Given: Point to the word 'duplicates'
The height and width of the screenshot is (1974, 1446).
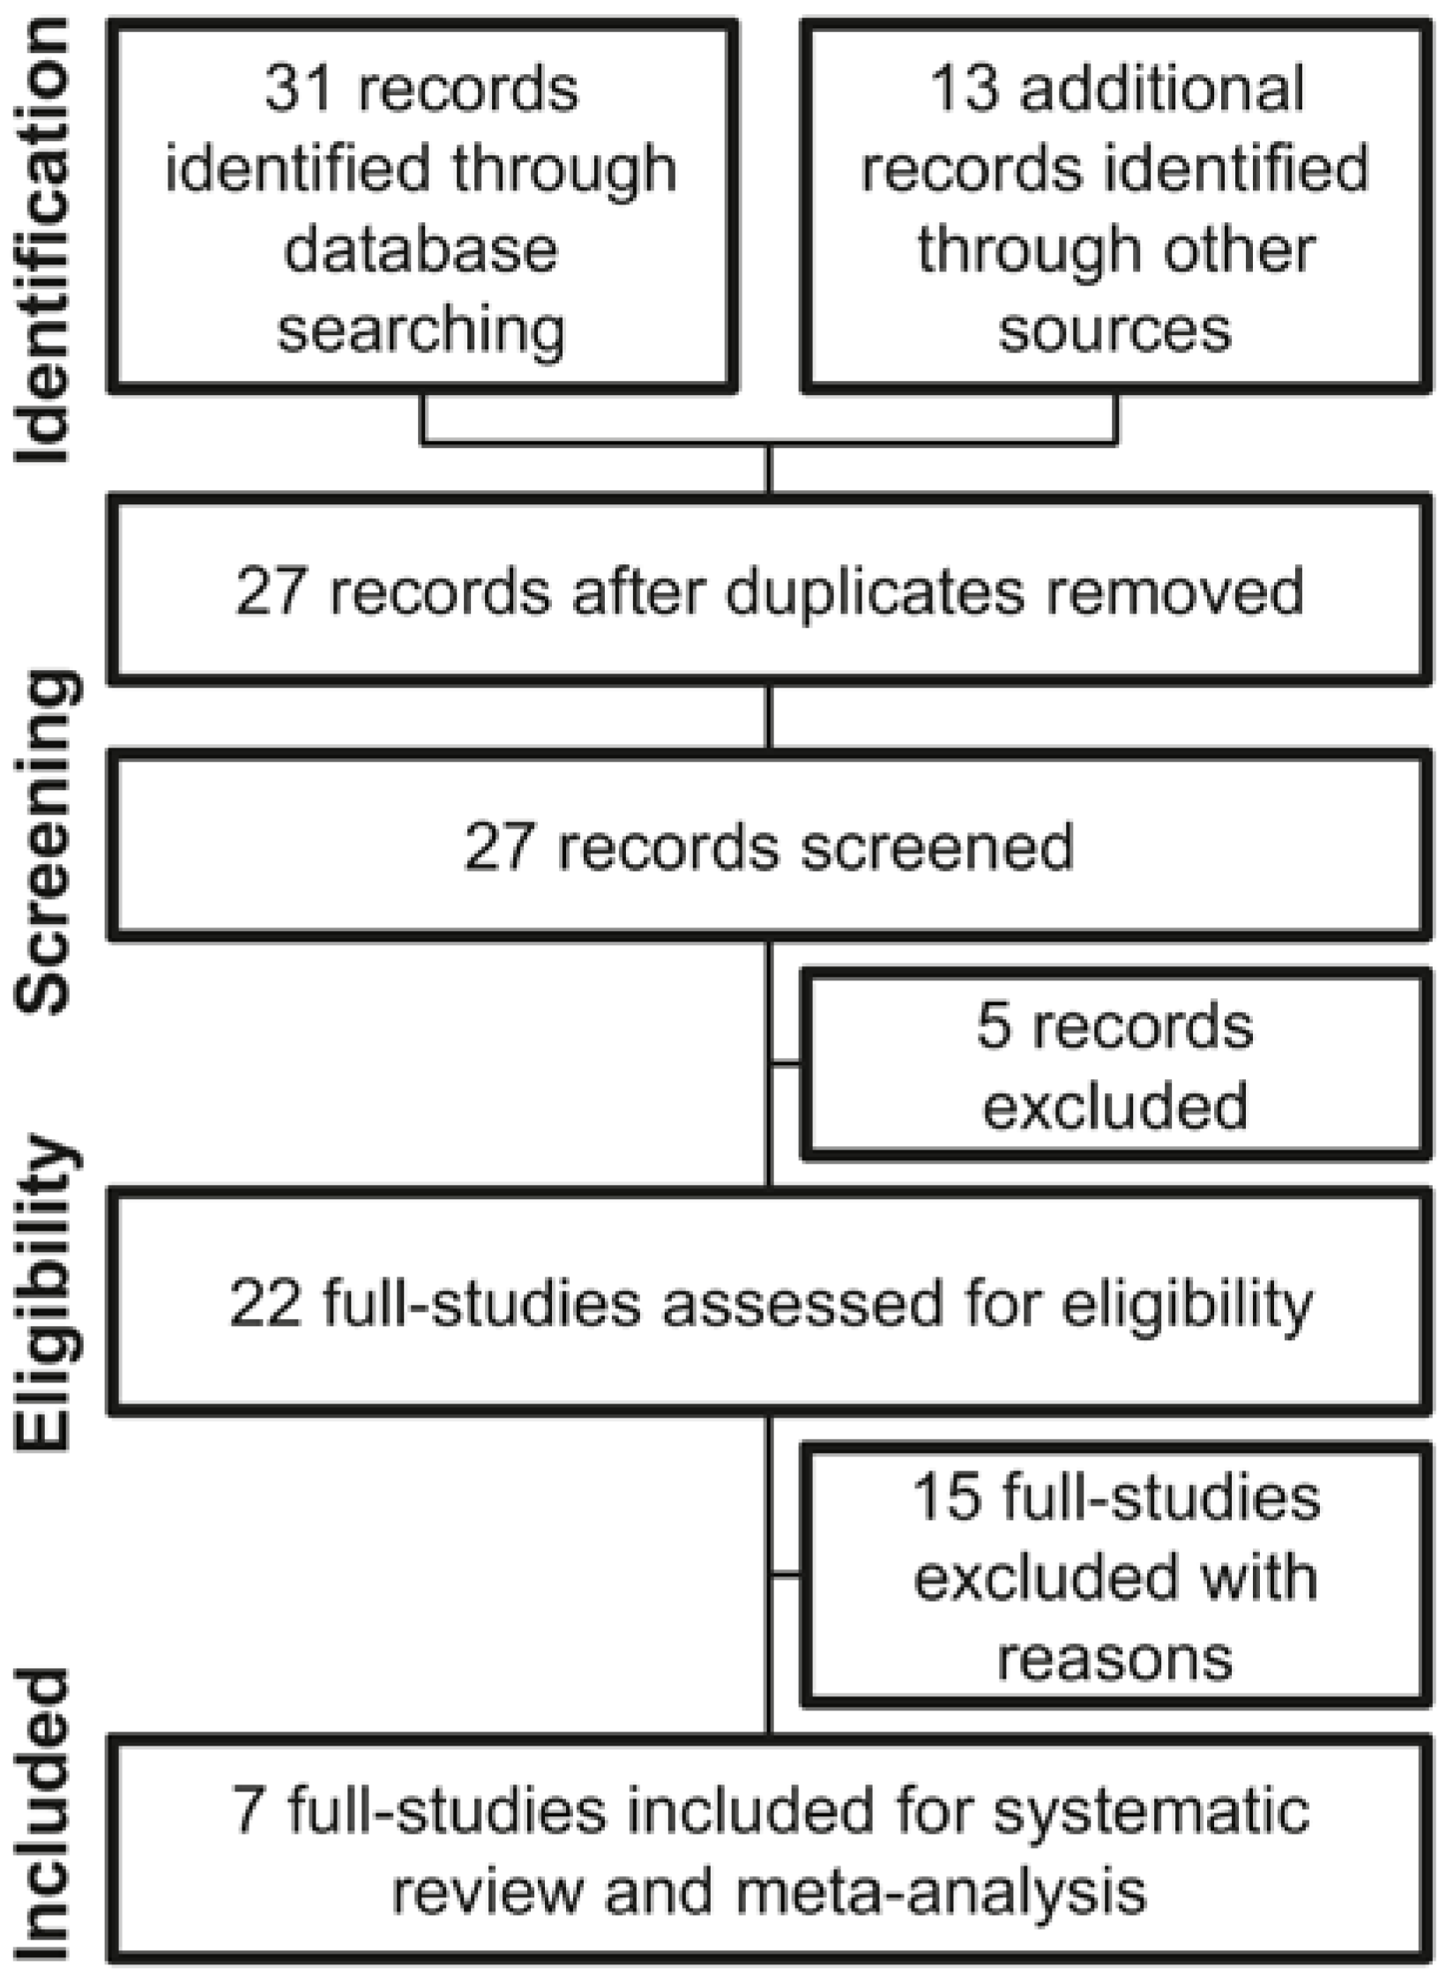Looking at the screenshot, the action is pyautogui.click(x=875, y=591).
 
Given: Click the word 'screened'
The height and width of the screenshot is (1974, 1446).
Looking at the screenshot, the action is pyautogui.click(x=936, y=846).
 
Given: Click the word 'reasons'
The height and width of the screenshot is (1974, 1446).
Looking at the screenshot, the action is pyautogui.click(x=1114, y=1658).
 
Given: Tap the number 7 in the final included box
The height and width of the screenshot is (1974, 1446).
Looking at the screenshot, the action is pyautogui.click(x=250, y=1810).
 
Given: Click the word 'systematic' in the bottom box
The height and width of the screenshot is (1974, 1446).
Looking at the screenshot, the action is pyautogui.click(x=1152, y=1810).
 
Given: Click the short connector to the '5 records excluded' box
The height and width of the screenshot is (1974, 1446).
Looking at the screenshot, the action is pyautogui.click(x=786, y=1064).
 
